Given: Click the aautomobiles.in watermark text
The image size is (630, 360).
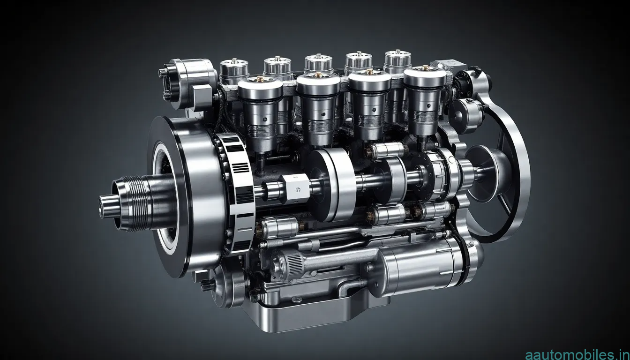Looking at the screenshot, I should pos(577,354).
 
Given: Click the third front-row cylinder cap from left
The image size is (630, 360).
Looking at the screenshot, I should pos(369,81).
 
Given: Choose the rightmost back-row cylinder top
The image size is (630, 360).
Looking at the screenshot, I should pos(398,59).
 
